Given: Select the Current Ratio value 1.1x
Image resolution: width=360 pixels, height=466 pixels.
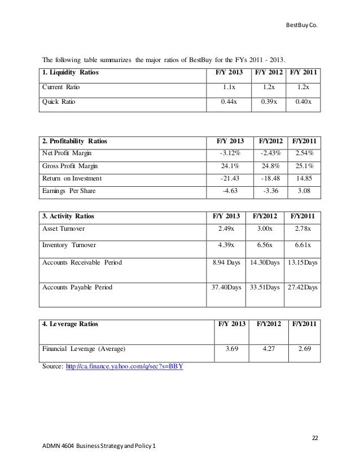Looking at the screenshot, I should (229, 87).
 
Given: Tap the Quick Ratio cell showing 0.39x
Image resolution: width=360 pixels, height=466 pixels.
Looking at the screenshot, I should (269, 103).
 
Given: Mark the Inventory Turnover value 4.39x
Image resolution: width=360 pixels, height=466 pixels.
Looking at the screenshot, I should (226, 245).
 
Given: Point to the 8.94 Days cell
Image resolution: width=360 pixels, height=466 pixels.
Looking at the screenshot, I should (226, 262).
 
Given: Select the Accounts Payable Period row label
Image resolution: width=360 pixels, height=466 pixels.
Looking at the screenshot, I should (78, 287).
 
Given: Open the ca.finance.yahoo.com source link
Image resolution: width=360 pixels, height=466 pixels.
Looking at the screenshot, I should (124, 366).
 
